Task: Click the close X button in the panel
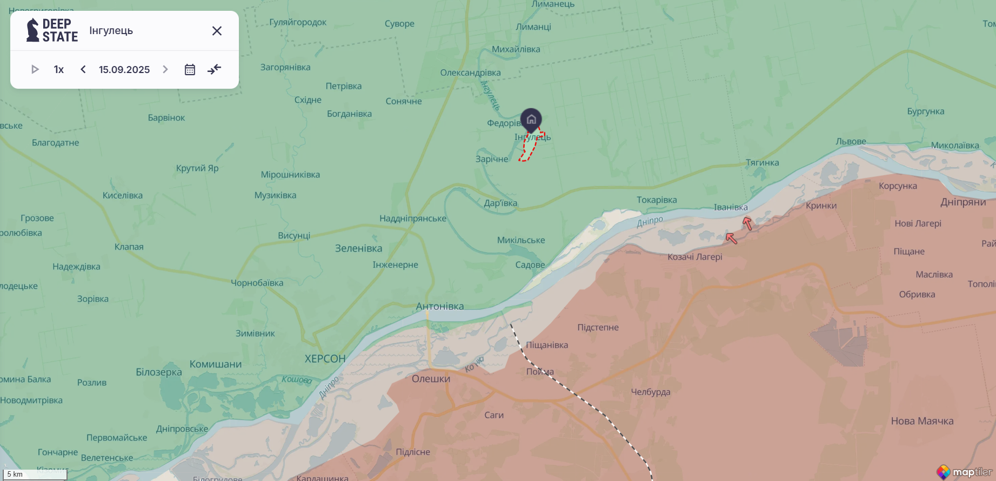[217, 31]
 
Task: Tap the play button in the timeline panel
[35, 69]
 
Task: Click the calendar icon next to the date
[190, 69]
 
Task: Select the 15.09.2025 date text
[124, 69]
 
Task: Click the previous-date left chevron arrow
[83, 69]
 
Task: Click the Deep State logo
[52, 30]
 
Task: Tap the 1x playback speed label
[59, 69]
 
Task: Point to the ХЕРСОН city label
[325, 359]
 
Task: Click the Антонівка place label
[440, 306]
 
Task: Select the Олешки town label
[431, 379]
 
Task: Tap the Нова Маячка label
[922, 421]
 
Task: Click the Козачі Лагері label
[694, 256]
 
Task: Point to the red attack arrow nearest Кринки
[747, 223]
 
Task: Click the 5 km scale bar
[34, 475]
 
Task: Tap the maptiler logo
[965, 472]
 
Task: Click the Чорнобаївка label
[257, 282]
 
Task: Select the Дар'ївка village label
[500, 203]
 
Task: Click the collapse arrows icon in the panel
[215, 69]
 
